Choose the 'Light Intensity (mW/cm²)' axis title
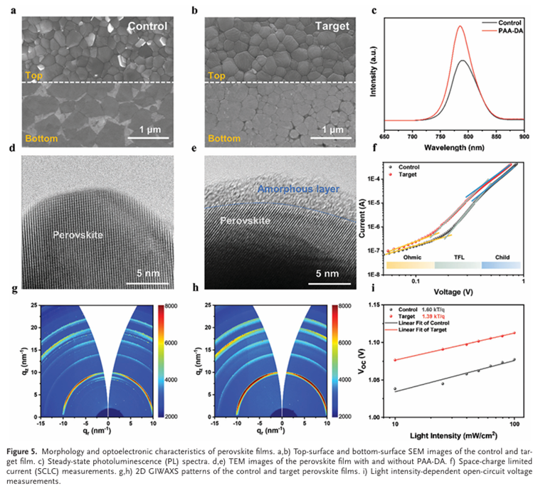tap(456, 431)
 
